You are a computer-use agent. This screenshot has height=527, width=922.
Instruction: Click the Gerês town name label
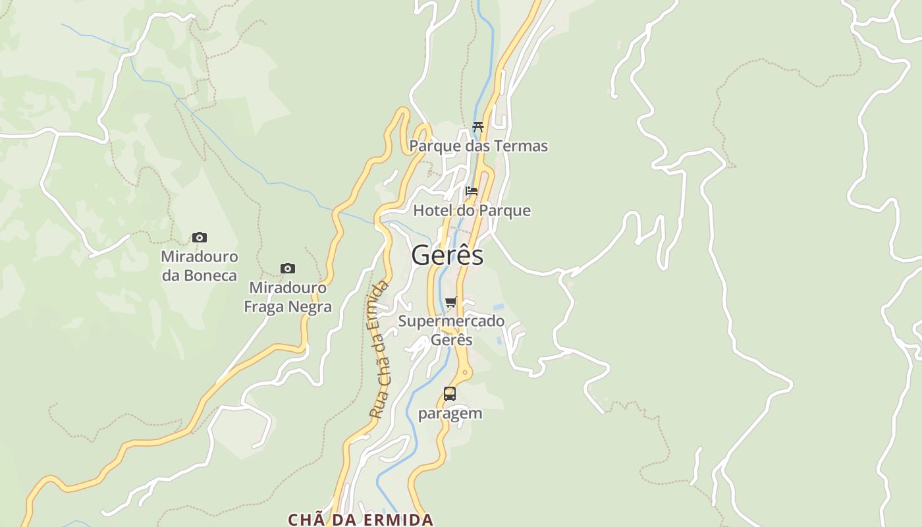coord(447,256)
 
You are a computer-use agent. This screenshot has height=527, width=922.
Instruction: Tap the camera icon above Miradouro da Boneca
coord(200,237)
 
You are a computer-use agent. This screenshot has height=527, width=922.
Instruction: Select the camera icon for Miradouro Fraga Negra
coord(288,268)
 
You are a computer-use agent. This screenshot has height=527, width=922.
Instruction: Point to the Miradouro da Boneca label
coord(200,265)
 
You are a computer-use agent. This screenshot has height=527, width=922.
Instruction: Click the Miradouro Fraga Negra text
coord(288,297)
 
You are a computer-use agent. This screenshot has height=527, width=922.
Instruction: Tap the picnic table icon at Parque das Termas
coord(478,127)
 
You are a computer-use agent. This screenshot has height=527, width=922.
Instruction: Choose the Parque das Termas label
coord(478,146)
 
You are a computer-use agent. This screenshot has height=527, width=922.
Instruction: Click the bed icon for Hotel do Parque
coord(472,191)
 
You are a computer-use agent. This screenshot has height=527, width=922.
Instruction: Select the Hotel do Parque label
coord(472,210)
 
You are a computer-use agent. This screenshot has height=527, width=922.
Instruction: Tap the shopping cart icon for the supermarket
coord(451,302)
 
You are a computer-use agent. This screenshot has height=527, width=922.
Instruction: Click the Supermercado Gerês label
coord(451,330)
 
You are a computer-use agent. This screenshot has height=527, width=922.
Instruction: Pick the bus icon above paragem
coord(450,394)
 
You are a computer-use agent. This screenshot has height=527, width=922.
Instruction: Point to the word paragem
coord(450,414)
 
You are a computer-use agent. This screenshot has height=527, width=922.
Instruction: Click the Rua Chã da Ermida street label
coord(379,350)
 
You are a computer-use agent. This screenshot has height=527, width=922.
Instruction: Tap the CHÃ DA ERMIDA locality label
coord(360,519)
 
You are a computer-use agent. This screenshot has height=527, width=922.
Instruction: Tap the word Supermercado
coord(451,321)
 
